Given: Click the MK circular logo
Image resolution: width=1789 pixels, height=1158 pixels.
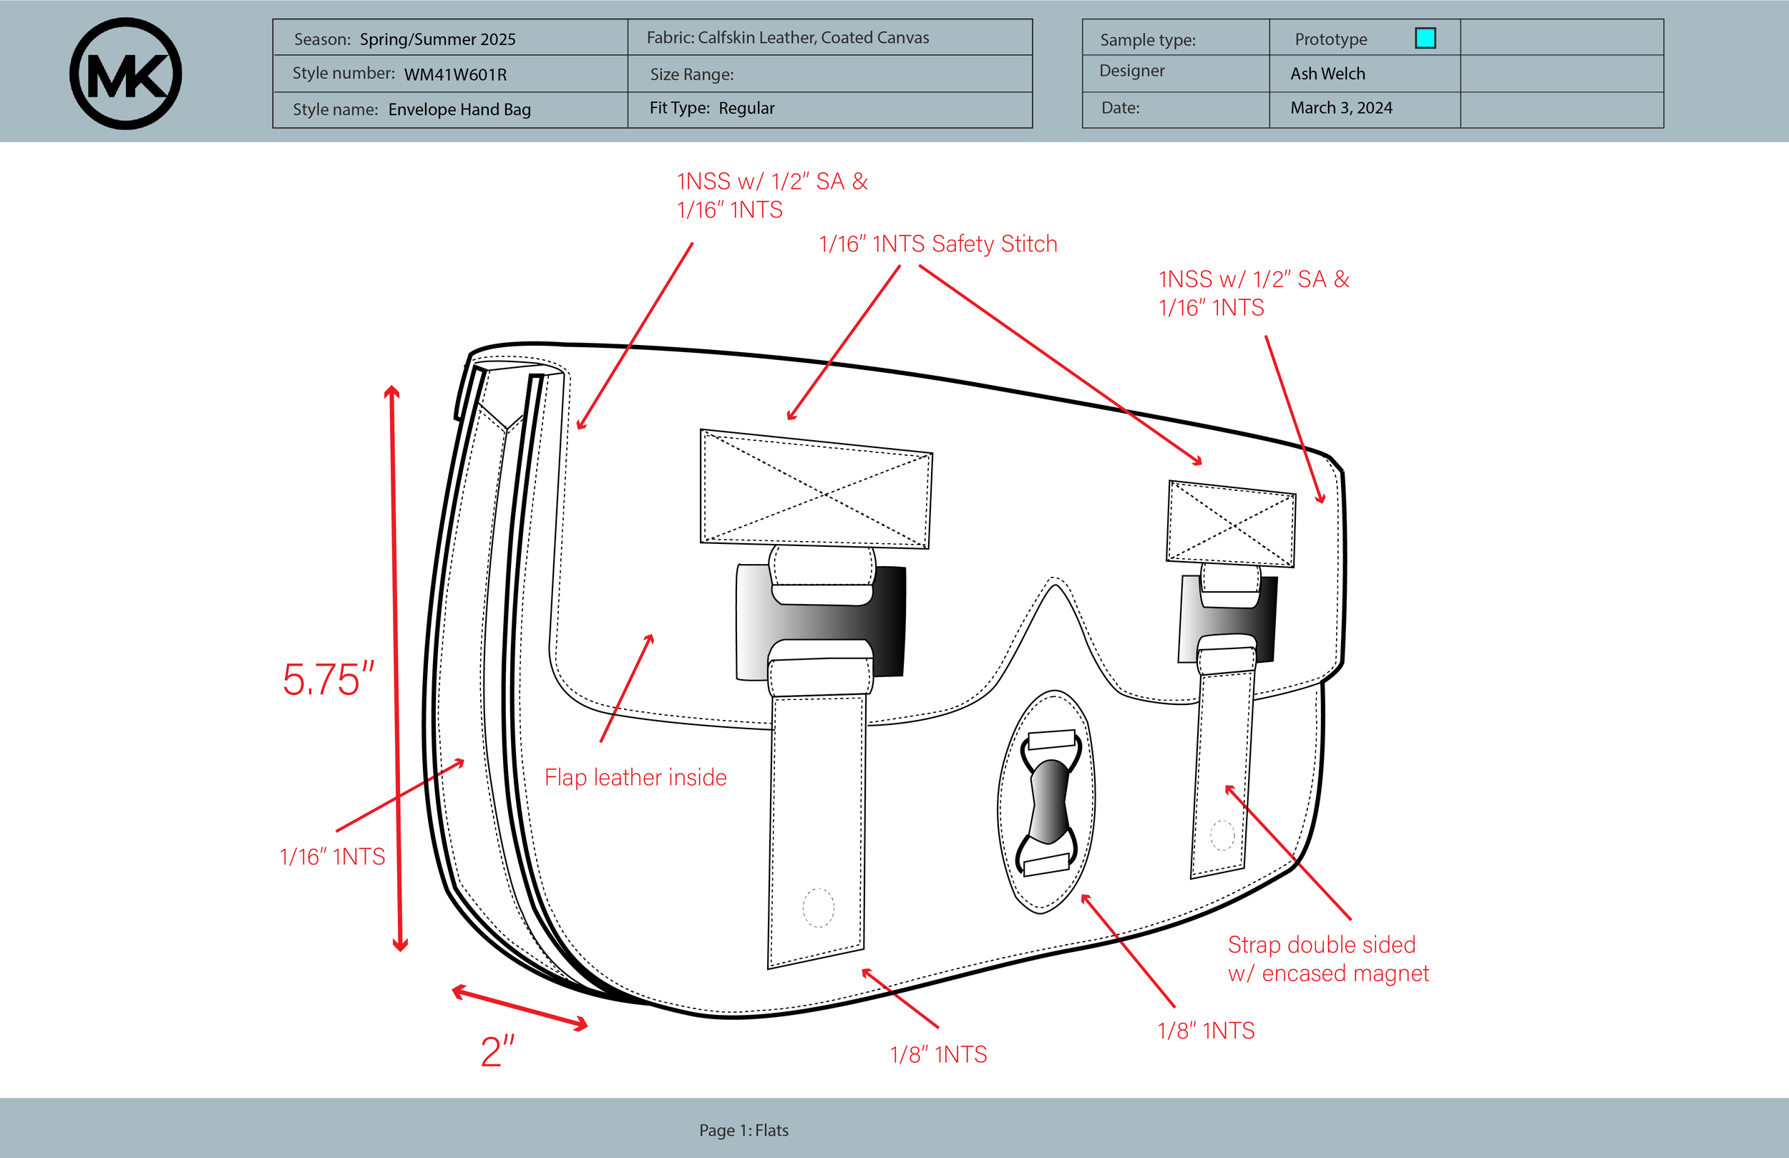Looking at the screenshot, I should (125, 74).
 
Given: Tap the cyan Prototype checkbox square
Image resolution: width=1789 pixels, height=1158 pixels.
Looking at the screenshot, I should (1425, 38).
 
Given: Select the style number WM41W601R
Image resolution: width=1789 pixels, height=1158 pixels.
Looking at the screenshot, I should (455, 74).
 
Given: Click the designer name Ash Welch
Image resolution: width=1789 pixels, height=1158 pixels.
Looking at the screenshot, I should (1327, 74).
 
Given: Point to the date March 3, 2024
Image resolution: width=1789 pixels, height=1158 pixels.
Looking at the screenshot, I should (1341, 108).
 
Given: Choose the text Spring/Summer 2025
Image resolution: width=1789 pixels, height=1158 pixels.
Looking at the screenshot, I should (437, 39).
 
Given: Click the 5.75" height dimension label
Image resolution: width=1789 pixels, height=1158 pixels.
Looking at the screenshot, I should (328, 680).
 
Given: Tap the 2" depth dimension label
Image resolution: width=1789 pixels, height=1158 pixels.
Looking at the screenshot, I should (497, 1051).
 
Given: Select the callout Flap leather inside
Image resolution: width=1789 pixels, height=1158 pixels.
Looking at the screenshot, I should (635, 777).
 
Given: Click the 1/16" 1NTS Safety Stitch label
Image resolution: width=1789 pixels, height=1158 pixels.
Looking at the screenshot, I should (937, 244).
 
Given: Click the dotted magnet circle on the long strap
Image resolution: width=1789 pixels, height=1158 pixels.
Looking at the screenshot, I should (818, 908).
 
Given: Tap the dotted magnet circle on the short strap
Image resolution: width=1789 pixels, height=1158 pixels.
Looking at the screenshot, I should (1222, 835).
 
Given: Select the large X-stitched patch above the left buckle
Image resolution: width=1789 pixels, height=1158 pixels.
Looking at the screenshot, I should (816, 490).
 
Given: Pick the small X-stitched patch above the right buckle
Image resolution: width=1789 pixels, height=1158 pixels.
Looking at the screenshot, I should (1231, 524).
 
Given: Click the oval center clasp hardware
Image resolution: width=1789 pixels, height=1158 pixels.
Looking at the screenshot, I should (1046, 802).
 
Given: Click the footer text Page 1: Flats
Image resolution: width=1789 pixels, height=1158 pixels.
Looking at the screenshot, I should (744, 1130).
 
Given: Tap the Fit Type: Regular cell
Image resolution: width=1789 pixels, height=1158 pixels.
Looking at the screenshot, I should (712, 108).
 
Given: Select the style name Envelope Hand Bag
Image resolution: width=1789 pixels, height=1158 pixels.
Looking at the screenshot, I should (459, 110).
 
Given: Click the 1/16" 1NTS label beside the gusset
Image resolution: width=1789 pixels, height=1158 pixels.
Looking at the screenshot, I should (331, 857).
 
